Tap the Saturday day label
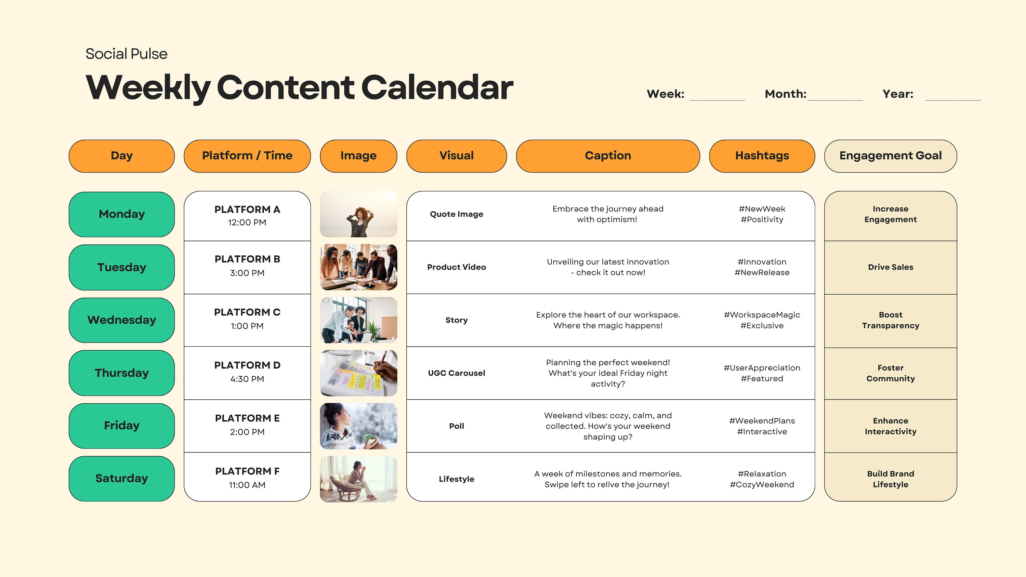point(121,478)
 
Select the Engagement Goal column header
point(890,156)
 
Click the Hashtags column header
point(762,156)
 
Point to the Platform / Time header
point(247,156)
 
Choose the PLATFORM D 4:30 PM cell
point(247,372)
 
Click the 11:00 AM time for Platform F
point(247,485)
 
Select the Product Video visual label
point(457,267)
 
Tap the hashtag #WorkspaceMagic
point(762,315)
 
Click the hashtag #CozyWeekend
point(762,485)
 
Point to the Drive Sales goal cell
point(890,267)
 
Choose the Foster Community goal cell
point(890,373)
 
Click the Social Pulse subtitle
point(126,54)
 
